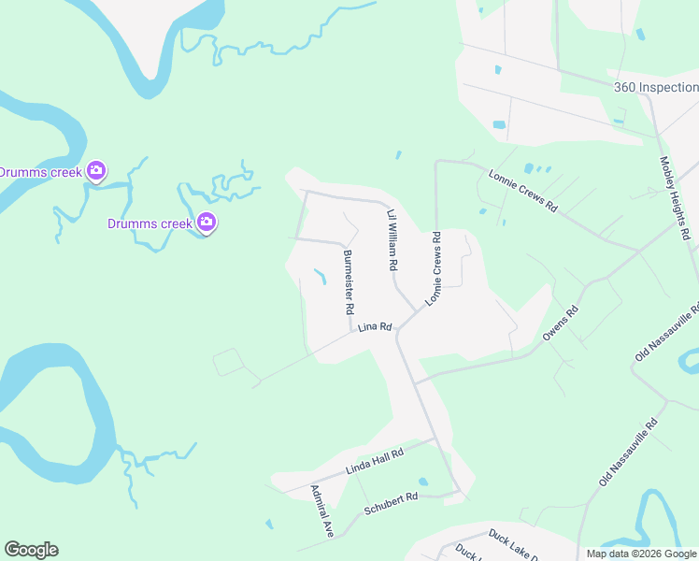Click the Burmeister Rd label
(x=349, y=282)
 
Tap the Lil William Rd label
(x=392, y=240)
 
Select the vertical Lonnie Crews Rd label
(x=435, y=270)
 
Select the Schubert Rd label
(x=391, y=504)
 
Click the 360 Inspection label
(x=655, y=87)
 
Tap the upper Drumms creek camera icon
(x=95, y=171)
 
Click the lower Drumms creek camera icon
(x=207, y=223)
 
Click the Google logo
(x=31, y=550)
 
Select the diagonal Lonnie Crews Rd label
(x=523, y=190)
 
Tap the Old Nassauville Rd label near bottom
(x=629, y=451)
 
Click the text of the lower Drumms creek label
(x=150, y=223)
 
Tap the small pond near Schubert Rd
(x=423, y=482)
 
